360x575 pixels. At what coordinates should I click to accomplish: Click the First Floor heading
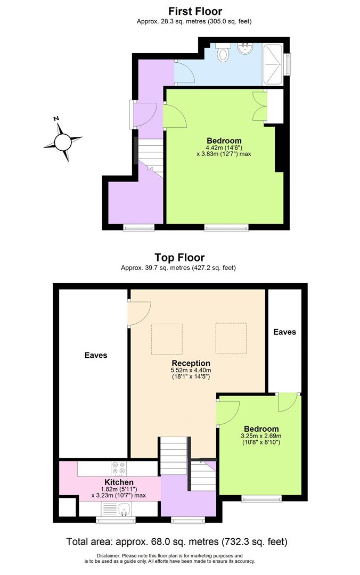coord(195,11)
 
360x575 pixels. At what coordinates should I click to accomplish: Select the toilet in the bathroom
coord(223,53)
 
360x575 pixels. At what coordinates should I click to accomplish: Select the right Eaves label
coord(284,332)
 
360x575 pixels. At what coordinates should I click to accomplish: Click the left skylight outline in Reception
coord(167,339)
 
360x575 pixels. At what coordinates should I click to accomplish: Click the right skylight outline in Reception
coord(231,339)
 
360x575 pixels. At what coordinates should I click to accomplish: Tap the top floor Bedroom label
coord(261,429)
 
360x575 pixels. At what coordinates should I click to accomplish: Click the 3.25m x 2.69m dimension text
coord(261,436)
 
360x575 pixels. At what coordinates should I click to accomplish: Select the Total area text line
coord(176,542)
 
